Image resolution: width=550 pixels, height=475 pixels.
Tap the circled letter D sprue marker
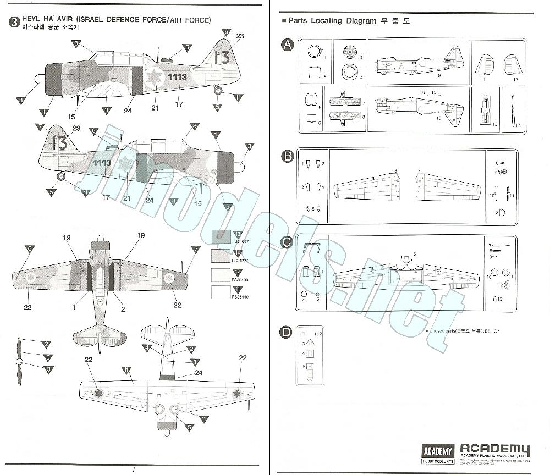pos(287,332)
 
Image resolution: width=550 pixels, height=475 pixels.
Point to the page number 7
pos(133,469)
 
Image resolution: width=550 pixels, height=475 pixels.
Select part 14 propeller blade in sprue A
pos(512,112)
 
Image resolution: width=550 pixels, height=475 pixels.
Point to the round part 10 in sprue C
pos(494,272)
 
